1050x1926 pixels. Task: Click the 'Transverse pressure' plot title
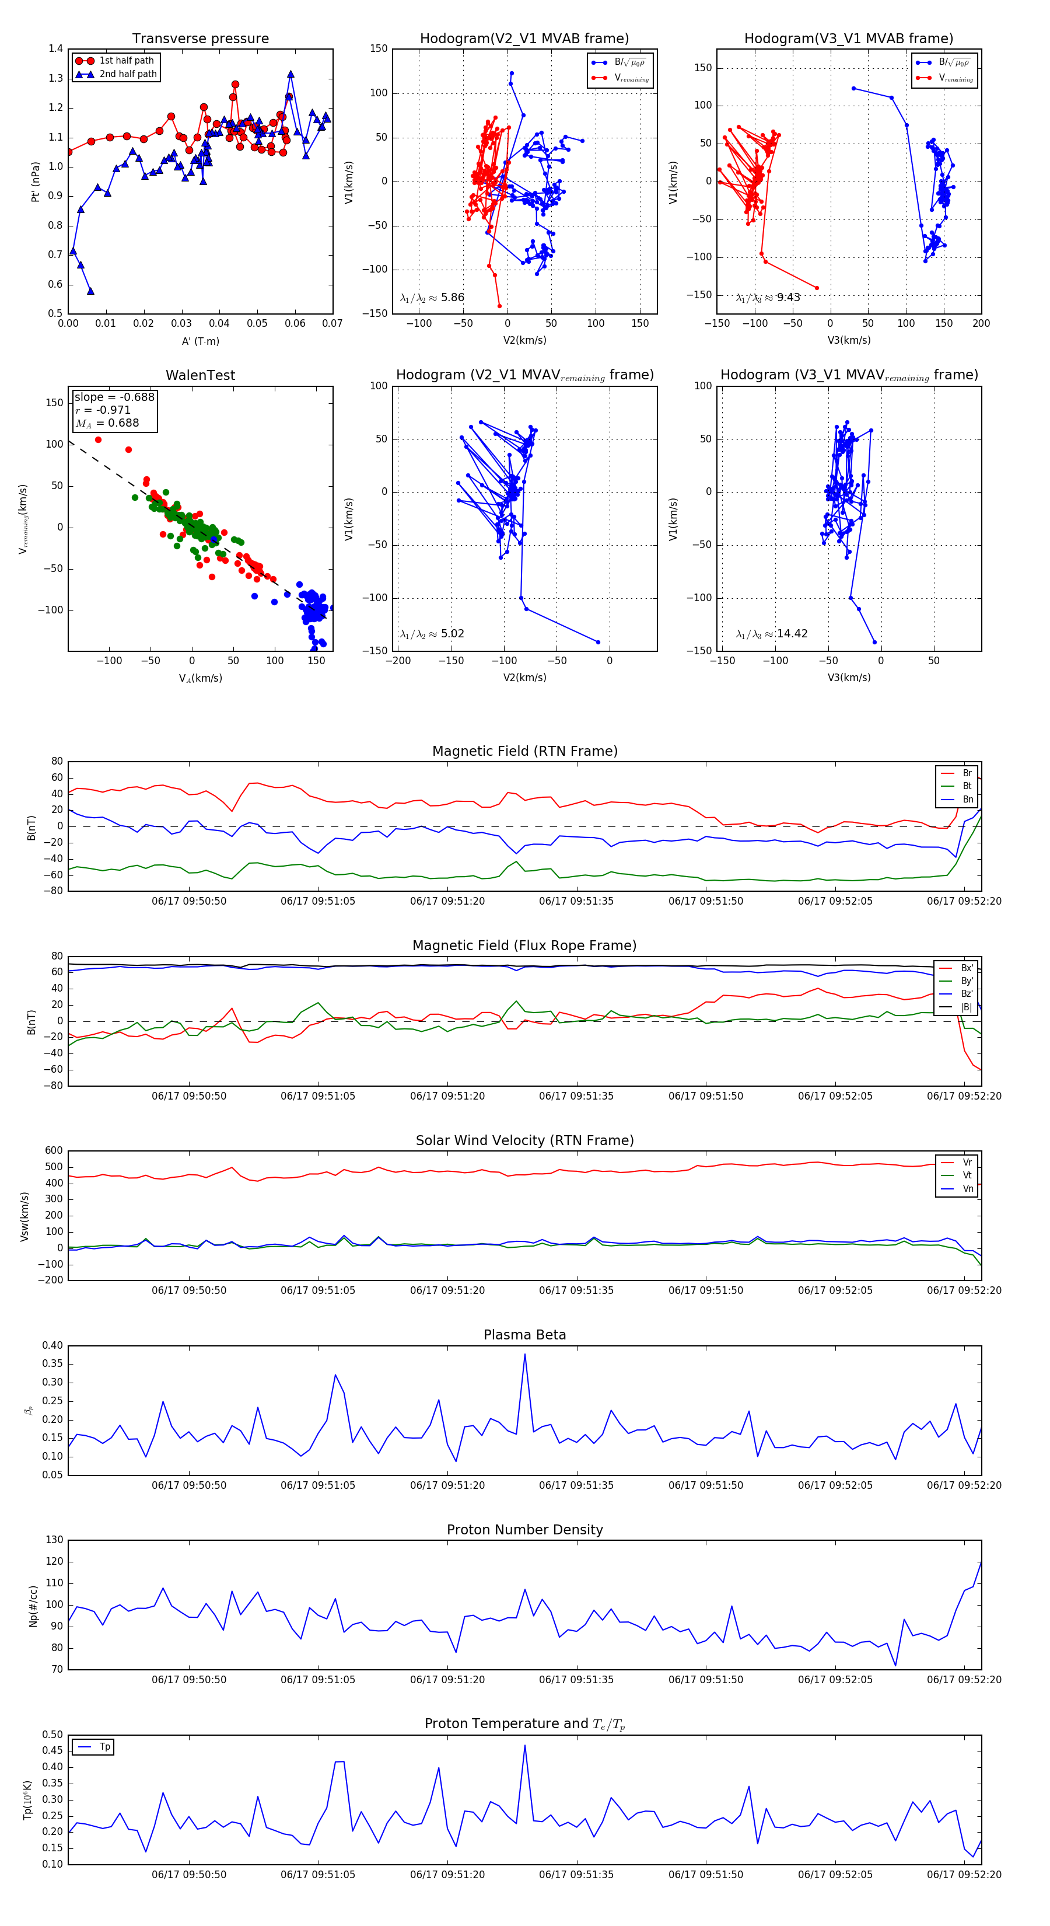click(x=200, y=39)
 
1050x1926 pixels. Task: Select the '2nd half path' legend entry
click(x=128, y=74)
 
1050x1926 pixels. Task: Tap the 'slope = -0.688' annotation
click(x=114, y=397)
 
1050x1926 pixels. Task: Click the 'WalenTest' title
click(x=200, y=375)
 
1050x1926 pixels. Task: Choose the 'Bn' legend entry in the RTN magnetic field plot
click(x=967, y=799)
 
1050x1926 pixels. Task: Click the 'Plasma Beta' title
click(x=524, y=1335)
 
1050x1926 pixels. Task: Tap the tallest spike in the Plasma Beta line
click(x=524, y=1355)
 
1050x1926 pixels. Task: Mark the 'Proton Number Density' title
click(x=524, y=1529)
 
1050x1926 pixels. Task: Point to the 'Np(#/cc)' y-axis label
click(x=33, y=1605)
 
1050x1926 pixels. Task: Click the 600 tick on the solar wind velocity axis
click(x=54, y=1151)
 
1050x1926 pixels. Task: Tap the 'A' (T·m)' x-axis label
click(x=200, y=341)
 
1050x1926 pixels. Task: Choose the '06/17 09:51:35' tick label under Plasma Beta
click(x=576, y=1485)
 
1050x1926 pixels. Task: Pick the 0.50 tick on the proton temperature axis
click(x=52, y=1735)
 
